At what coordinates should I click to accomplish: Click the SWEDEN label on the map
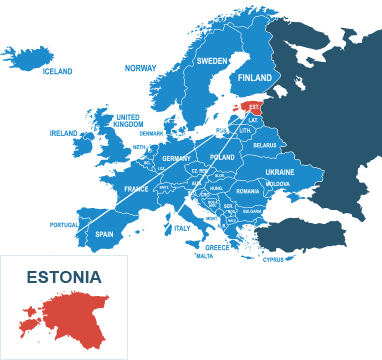[x=211, y=61]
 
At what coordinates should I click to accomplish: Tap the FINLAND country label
[x=255, y=78]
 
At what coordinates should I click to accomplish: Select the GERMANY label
[x=176, y=159]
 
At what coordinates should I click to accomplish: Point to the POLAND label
[x=222, y=158]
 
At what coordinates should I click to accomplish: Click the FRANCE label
[x=136, y=189]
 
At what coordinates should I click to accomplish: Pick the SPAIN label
[x=104, y=235]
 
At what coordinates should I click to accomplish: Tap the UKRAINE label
[x=279, y=172]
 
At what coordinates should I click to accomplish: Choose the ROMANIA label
[x=247, y=191]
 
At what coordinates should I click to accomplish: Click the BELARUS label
[x=264, y=145]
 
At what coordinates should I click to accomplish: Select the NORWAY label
[x=141, y=67]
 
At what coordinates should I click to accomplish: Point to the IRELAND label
[x=64, y=132]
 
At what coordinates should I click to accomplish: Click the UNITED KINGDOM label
[x=128, y=120]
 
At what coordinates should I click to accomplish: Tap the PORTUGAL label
[x=62, y=225]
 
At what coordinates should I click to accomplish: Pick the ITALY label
[x=181, y=229]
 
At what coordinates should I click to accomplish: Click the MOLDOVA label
[x=277, y=184]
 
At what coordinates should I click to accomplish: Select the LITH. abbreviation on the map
[x=245, y=131]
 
